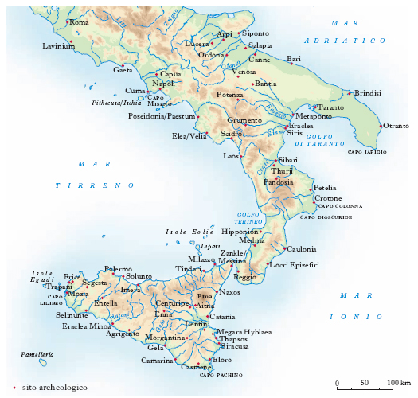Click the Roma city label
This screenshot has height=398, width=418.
point(80,22)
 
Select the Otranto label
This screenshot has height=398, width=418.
point(396,127)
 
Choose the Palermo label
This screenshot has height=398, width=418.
point(118,269)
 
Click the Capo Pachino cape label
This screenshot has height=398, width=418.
point(220,374)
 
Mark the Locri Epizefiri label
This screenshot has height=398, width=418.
point(295,264)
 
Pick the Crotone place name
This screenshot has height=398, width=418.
point(328,197)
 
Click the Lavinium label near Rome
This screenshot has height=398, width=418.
point(58,46)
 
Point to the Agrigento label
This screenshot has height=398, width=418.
point(122,334)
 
